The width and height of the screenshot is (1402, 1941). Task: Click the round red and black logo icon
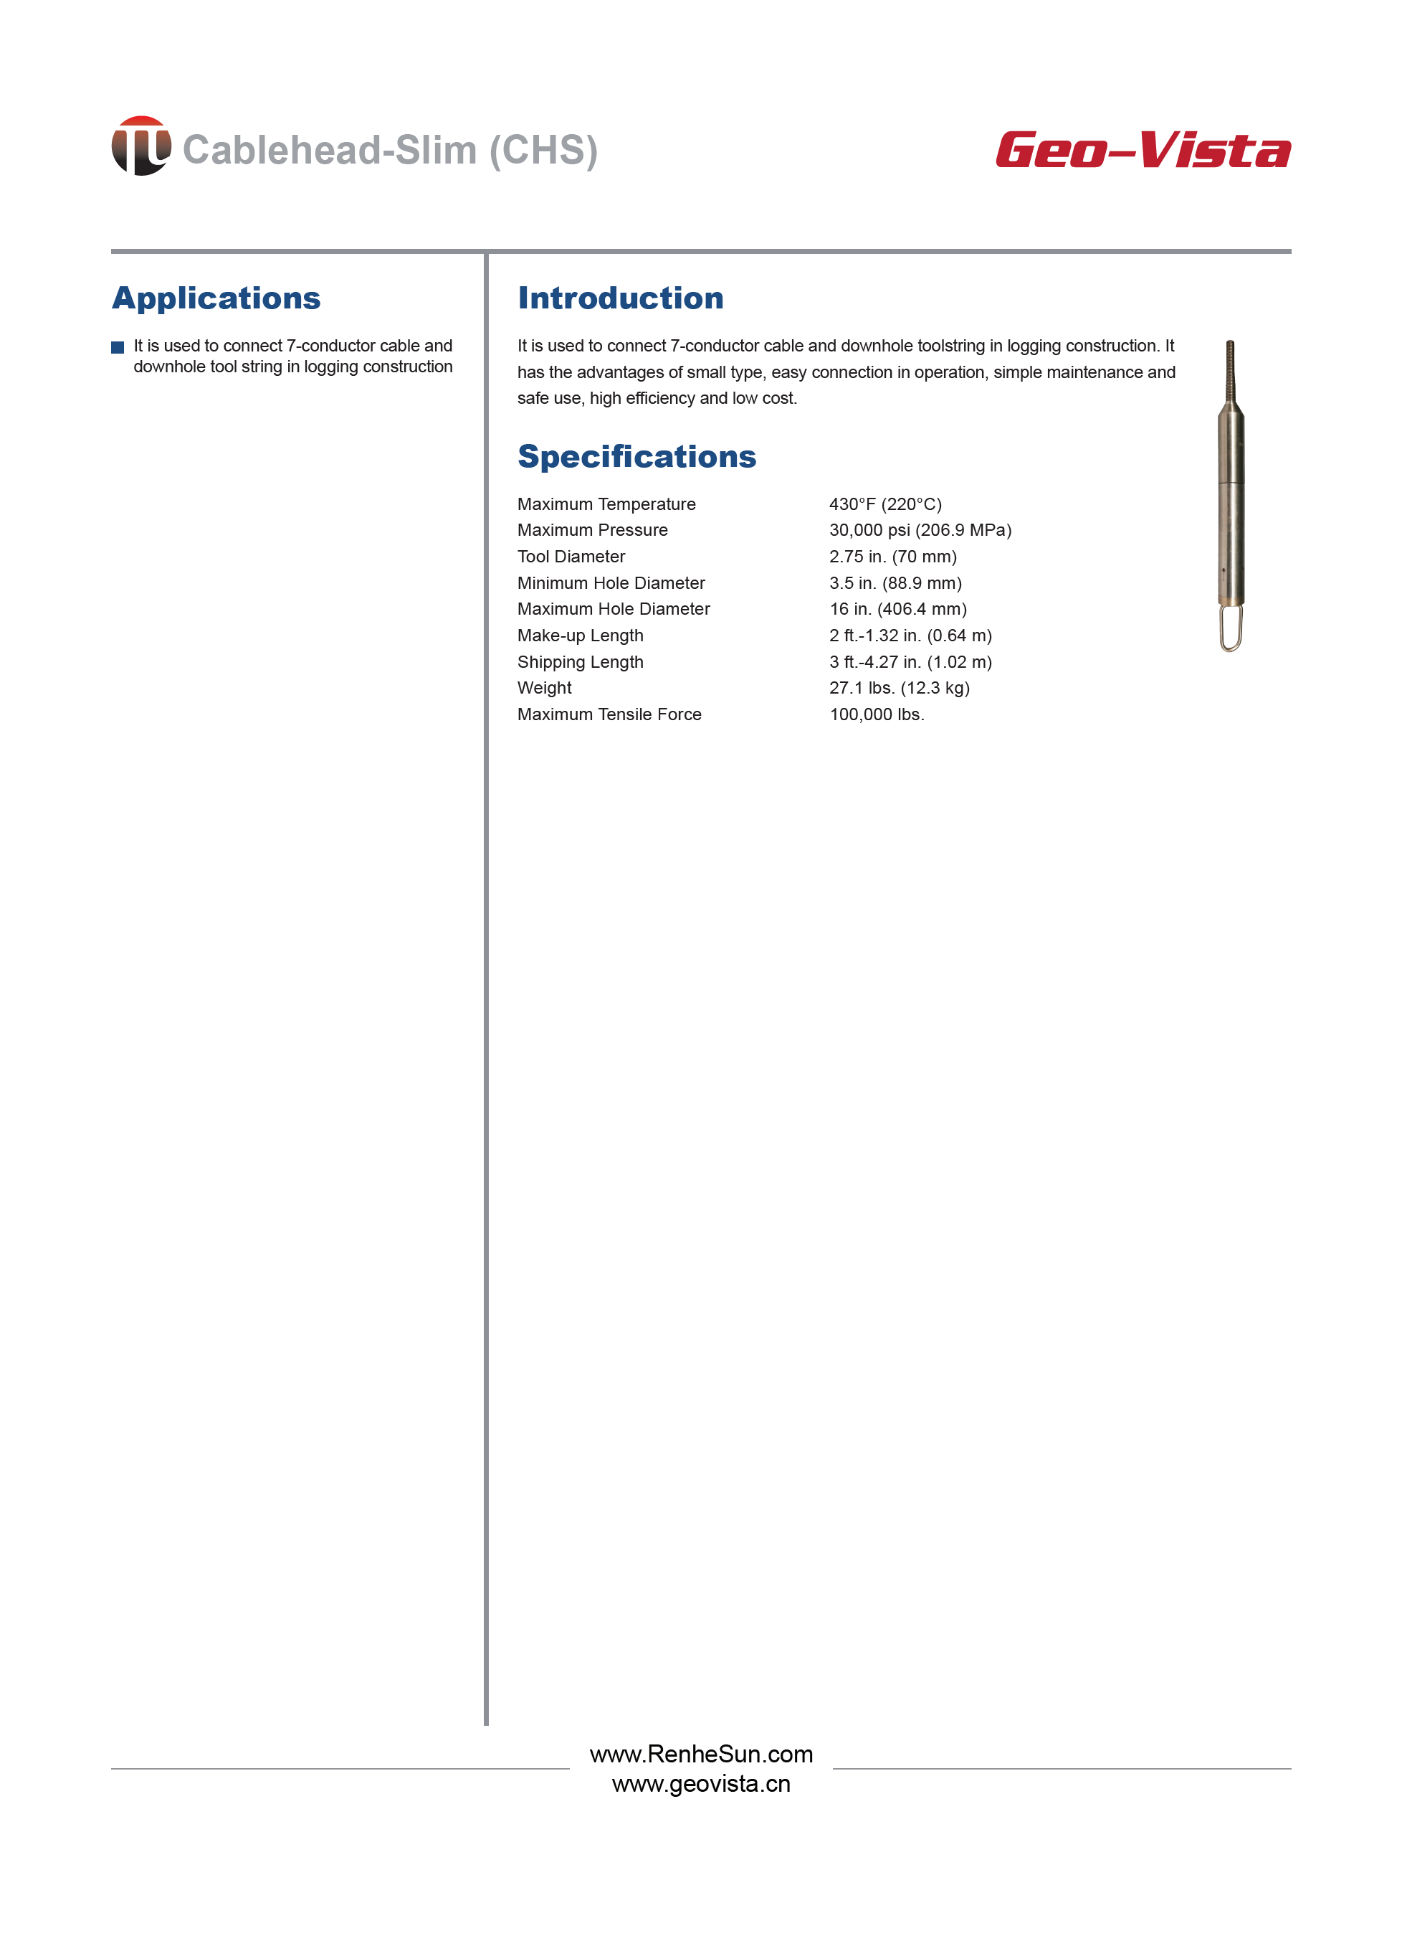[141, 146]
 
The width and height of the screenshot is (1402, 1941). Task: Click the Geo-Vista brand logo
[1143, 150]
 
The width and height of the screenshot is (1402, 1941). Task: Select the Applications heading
[216, 298]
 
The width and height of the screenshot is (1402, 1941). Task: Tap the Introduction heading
[620, 298]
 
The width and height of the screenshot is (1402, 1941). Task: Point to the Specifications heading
[636, 456]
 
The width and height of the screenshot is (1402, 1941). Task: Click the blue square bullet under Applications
[118, 347]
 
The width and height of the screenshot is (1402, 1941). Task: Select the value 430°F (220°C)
[884, 504]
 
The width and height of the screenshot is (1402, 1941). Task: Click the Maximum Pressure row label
[592, 530]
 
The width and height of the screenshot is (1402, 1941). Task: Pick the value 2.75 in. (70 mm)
[892, 557]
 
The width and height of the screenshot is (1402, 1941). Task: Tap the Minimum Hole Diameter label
[611, 583]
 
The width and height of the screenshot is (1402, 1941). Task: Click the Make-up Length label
[580, 635]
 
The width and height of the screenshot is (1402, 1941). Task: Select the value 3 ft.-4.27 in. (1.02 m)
[910, 661]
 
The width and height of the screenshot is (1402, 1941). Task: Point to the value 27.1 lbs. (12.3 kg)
[899, 687]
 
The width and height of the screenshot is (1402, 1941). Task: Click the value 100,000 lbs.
[877, 714]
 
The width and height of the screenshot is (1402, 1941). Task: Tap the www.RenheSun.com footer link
[700, 1754]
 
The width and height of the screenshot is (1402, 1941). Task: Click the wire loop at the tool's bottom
[1230, 629]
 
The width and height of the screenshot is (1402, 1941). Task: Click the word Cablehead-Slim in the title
[329, 150]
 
